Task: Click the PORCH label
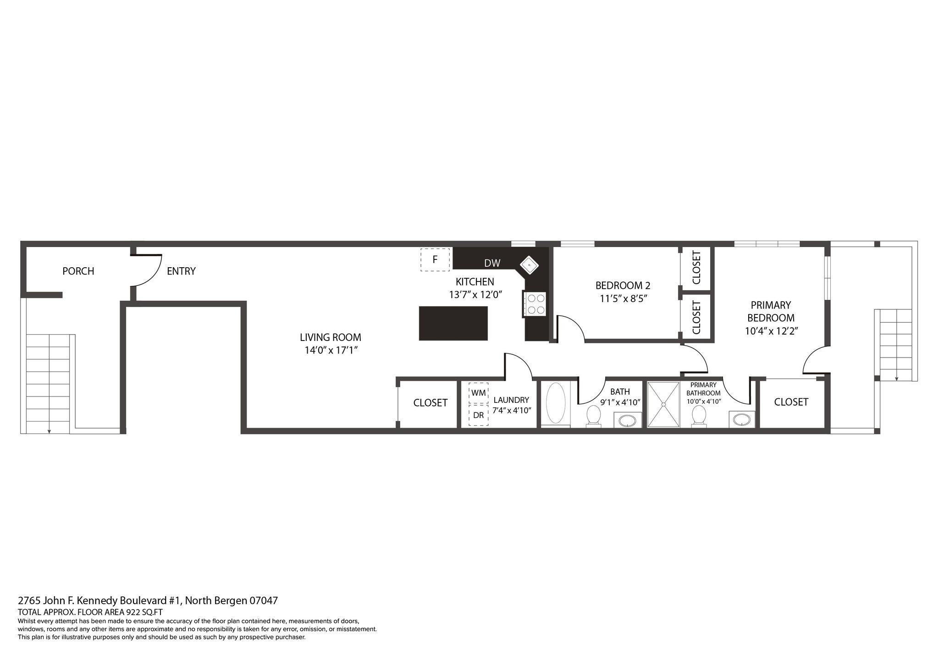click(x=78, y=271)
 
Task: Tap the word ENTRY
click(x=181, y=271)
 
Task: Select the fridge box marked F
click(x=435, y=259)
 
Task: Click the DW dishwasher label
click(x=492, y=263)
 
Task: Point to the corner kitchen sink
click(x=529, y=264)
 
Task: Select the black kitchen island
click(x=453, y=323)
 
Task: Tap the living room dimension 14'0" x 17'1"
click(x=331, y=350)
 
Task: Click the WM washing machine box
click(x=478, y=393)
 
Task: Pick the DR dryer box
click(x=478, y=415)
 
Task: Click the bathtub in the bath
click(x=555, y=403)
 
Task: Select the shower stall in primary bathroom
click(x=663, y=405)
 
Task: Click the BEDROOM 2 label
click(x=623, y=285)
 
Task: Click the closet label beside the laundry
click(x=430, y=402)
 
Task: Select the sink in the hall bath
click(x=628, y=419)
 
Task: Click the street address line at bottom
click(x=148, y=600)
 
